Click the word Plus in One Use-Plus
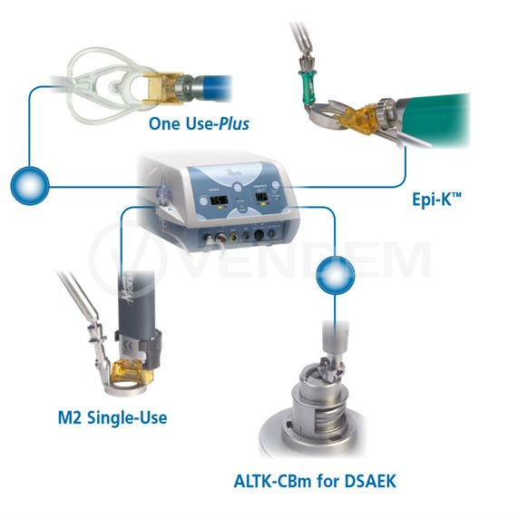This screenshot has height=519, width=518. point(234,123)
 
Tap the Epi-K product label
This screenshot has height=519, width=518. point(436,199)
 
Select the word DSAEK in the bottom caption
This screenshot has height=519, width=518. point(370,481)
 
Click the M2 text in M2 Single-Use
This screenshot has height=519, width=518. point(70,417)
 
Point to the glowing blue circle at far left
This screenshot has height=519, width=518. point(30,186)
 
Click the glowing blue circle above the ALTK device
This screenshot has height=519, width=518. point(336,276)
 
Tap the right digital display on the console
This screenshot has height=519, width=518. point(263,198)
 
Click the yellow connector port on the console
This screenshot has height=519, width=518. point(234,237)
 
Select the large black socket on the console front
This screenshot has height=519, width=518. point(259,235)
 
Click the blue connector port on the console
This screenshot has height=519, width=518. point(271,234)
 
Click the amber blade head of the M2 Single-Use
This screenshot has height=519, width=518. point(132,374)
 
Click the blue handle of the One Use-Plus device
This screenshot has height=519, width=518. point(212,87)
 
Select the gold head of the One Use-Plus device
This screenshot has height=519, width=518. point(162,88)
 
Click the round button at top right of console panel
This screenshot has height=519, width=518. point(276,185)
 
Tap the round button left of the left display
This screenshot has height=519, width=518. point(203,201)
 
